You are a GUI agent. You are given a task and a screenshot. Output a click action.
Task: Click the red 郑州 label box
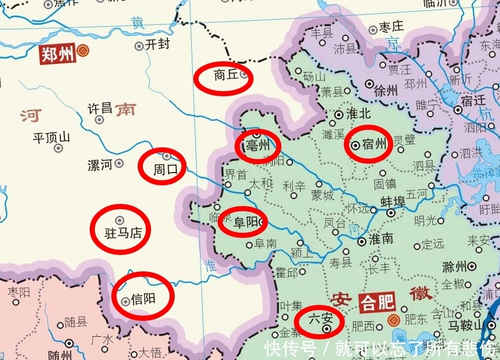pos(58,54)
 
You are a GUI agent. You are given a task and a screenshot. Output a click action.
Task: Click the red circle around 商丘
pos(223,78)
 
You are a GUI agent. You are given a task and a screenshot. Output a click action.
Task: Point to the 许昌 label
pos(99,109)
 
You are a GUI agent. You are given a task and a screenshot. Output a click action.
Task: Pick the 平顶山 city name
pos(51,138)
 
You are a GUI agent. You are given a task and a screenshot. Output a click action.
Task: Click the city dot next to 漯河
pos(119,163)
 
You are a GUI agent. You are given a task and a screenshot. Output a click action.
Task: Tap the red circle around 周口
pos(162,166)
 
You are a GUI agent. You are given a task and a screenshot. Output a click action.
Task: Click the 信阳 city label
pos(144,299)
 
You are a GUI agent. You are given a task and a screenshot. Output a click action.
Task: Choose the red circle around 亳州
pos(258,146)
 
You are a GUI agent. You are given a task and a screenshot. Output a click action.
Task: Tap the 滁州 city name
pos(454,267)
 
